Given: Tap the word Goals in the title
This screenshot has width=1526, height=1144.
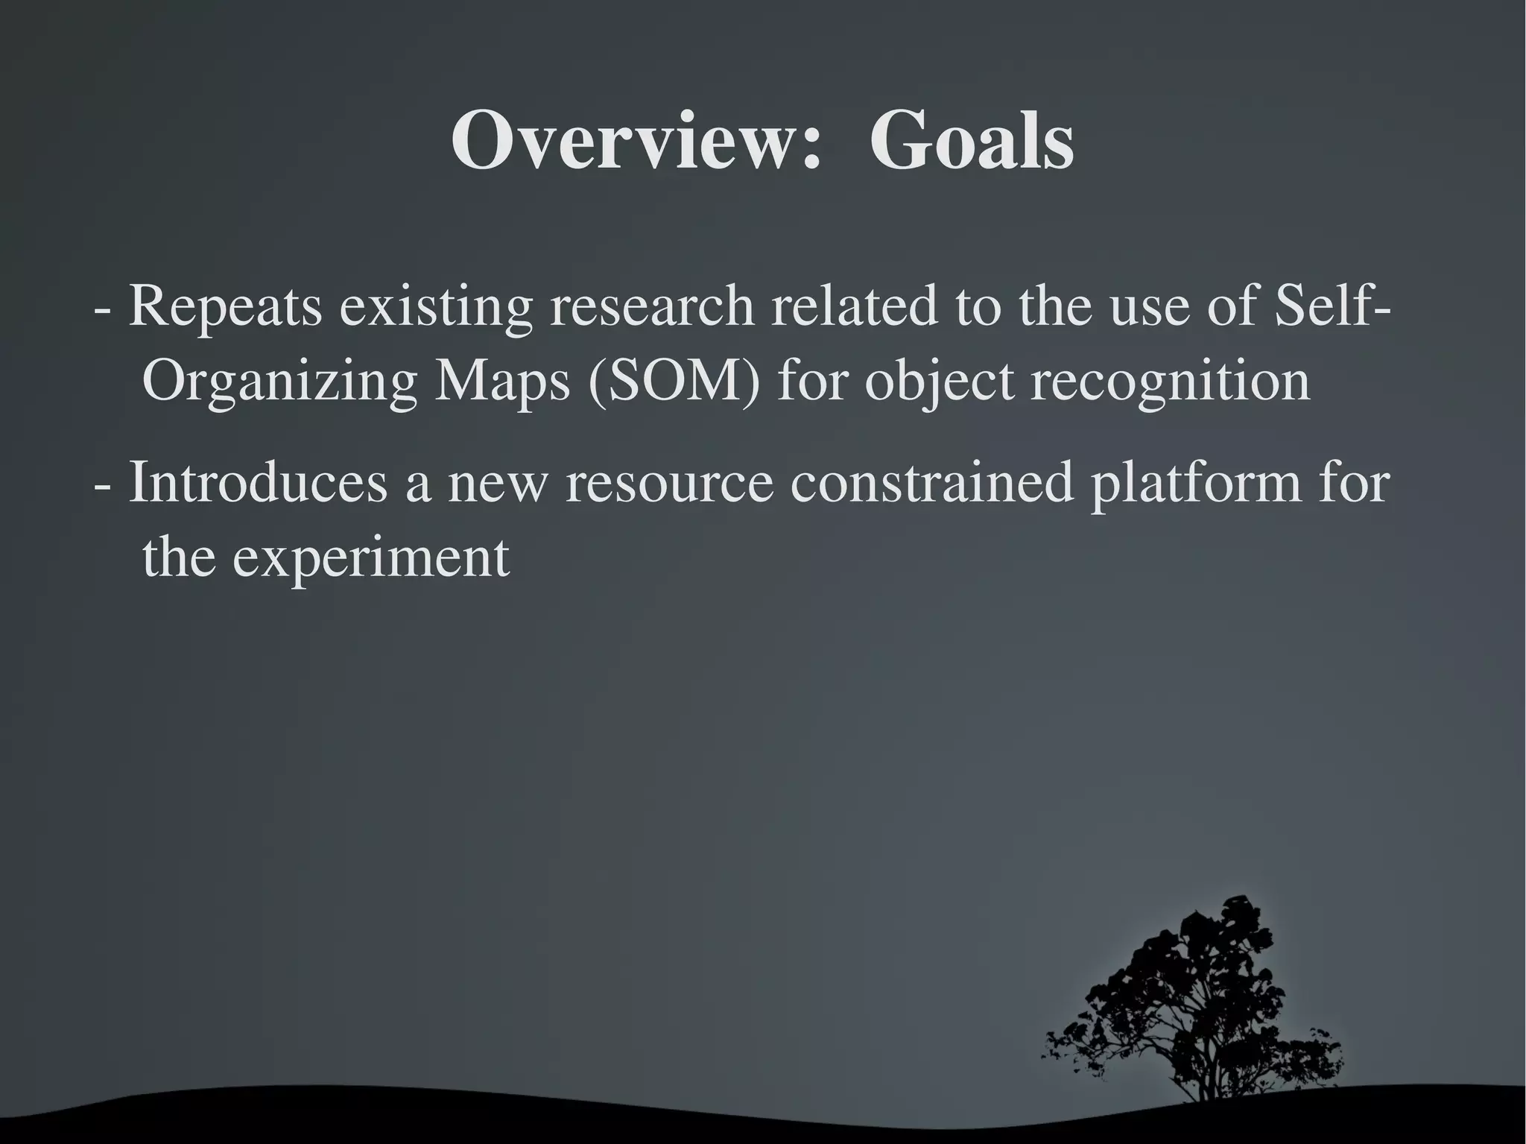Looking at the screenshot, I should [x=971, y=140].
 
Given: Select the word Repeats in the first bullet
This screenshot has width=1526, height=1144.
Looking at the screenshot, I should [x=225, y=307].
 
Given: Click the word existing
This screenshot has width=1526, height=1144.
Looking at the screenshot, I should [x=436, y=307].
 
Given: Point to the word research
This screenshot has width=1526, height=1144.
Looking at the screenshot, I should [x=651, y=307].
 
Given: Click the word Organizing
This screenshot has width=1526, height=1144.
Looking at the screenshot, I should [x=279, y=382].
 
